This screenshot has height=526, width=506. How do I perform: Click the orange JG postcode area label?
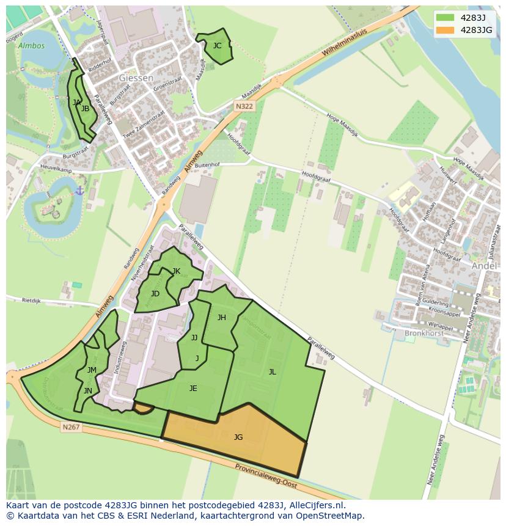pos(238,437)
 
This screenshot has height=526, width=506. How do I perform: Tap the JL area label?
pos(272,371)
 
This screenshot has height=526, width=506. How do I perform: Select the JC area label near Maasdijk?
pos(217,46)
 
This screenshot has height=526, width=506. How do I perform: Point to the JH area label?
pos(222,317)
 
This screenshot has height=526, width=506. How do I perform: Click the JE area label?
pos(193,388)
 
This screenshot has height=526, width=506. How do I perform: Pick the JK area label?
pos(176,271)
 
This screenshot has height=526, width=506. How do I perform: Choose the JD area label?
pos(155,294)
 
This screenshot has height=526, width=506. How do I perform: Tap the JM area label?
pos(92,370)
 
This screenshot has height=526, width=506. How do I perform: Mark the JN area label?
pos(88,391)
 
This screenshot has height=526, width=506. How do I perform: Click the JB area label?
pos(86,109)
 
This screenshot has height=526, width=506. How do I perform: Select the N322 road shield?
pos(244,106)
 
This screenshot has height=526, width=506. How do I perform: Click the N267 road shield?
pos(71,427)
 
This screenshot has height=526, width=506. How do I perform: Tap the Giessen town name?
pos(136,78)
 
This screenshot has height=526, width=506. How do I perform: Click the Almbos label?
pos(31,46)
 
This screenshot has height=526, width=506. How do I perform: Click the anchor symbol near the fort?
pos(79,191)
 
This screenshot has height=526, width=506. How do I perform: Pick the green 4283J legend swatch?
pos(446,18)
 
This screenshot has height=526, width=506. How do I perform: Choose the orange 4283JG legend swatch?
pos(446,29)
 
